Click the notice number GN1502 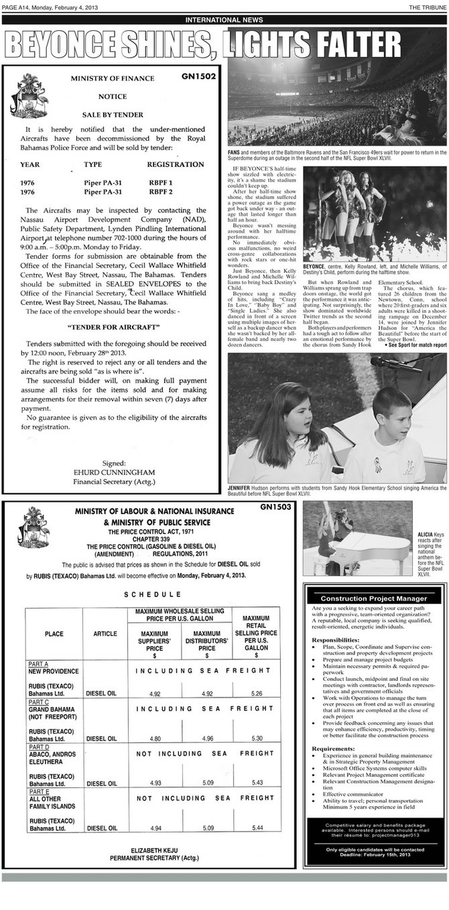pos(198,76)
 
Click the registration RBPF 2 pos(160,192)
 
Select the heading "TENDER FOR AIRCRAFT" pos(113,327)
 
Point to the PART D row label pos(40,745)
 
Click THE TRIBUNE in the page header pos(427,6)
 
